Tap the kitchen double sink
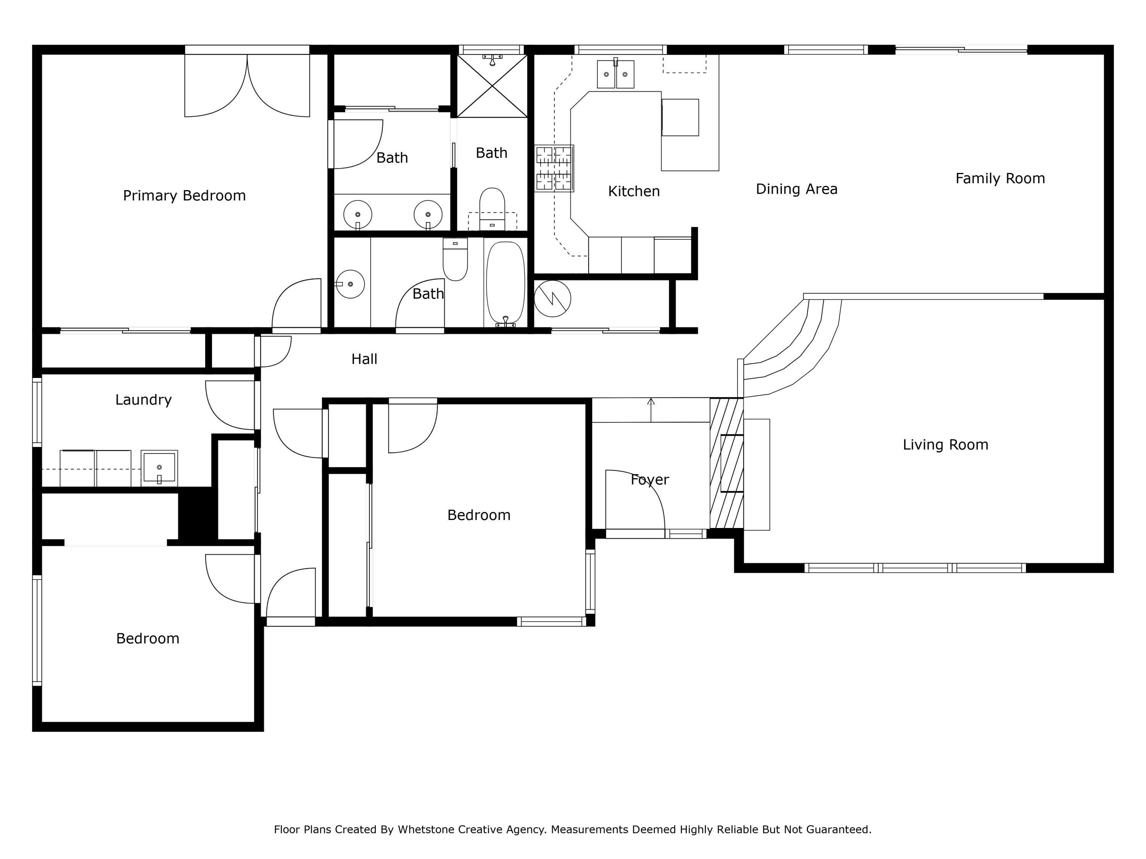point(615,74)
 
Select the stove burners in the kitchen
point(554,169)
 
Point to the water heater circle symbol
point(552,298)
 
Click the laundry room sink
point(159,468)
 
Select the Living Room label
point(945,445)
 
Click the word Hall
point(364,359)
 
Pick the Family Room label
point(999,179)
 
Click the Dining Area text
point(796,189)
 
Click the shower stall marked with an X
point(492,86)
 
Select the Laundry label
point(143,400)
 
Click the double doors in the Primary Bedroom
point(247,86)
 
